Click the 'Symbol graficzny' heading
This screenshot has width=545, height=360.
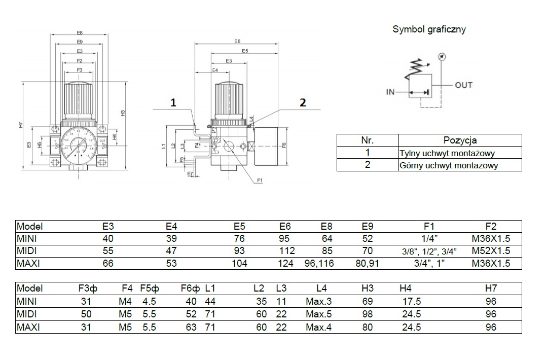[429, 29]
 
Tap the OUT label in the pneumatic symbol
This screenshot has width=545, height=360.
[463, 85]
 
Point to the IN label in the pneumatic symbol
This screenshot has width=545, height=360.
[390, 92]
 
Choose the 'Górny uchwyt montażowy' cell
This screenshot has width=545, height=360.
[449, 165]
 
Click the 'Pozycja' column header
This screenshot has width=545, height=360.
[460, 140]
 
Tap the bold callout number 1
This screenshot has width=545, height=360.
[173, 103]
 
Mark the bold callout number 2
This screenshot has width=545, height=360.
[303, 103]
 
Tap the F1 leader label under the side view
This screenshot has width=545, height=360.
[260, 181]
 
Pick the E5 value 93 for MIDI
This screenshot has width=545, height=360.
[239, 250]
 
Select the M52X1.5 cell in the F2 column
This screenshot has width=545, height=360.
[491, 250]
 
